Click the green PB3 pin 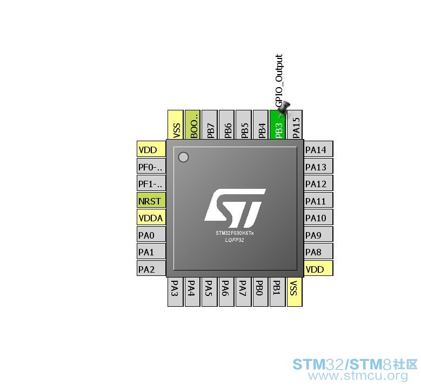277,125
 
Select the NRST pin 151,200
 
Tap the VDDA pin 151,217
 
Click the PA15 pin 295,125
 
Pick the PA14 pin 318,149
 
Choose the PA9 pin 318,234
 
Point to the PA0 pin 151,234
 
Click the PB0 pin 260,292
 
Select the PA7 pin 243,292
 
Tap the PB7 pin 209,125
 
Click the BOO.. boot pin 192,125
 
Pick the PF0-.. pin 151,166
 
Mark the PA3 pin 175,292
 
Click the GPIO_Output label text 279,81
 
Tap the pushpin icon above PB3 284,109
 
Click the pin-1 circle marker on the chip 183,157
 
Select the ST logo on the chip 235,208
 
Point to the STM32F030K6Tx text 235,233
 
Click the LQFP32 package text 235,240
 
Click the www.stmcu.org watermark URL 358,375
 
